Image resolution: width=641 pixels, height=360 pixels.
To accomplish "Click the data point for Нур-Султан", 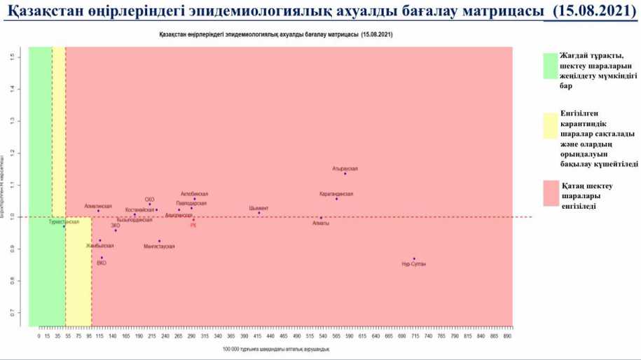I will tap(414, 258).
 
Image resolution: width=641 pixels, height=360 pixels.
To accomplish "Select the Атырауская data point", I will tap(345, 174).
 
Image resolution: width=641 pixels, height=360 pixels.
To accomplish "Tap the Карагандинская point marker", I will tap(336, 199).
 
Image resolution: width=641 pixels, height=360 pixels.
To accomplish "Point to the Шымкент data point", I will tap(259, 213).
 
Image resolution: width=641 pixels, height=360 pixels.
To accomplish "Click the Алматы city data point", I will tap(321, 218).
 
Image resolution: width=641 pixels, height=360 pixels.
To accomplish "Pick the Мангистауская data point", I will tap(159, 241).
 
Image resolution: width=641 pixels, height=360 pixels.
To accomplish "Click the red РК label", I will tap(193, 226).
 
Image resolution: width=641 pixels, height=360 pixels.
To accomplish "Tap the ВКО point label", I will tap(102, 263).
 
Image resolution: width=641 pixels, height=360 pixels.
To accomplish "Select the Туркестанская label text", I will tap(64, 221).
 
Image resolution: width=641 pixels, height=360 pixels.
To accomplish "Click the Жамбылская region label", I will tap(99, 246).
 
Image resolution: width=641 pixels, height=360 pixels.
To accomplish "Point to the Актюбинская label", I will tap(194, 194).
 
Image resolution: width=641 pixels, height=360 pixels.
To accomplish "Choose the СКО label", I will tap(149, 200).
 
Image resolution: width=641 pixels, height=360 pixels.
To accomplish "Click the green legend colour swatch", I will tap(549, 67).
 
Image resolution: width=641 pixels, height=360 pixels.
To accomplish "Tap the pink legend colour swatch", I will tap(549, 193).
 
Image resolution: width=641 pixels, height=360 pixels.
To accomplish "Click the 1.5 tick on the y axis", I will tap(13, 57).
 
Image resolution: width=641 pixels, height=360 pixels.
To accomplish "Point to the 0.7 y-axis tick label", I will tap(13, 313).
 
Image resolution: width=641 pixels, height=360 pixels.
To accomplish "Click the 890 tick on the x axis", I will tap(507, 336).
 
